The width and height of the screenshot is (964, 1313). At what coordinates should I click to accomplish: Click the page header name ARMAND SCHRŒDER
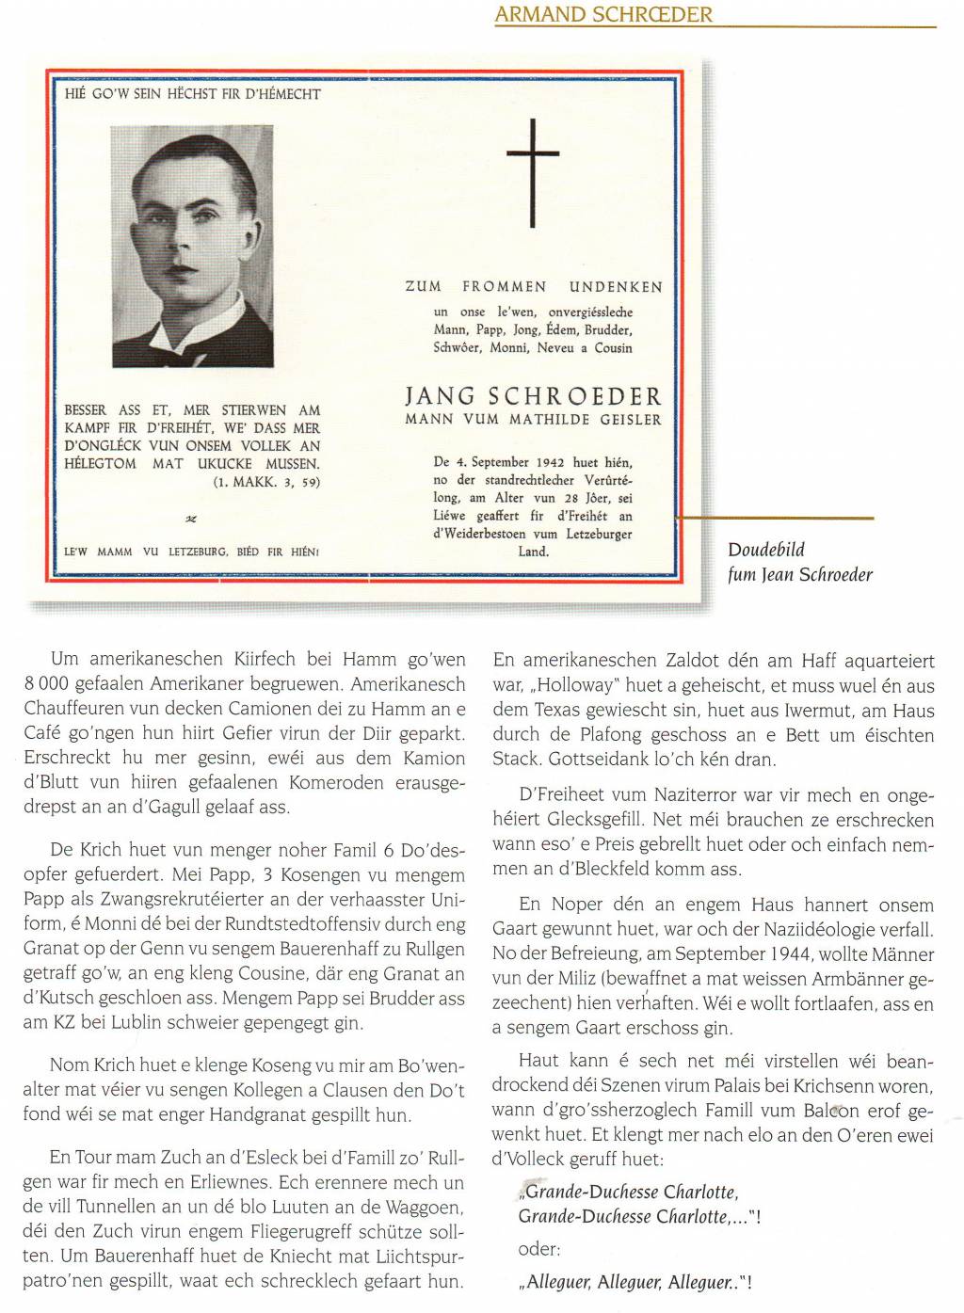(x=603, y=14)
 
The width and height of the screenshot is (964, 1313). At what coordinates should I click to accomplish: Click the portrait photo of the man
(x=193, y=246)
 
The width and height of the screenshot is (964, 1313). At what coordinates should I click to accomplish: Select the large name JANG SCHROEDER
(x=533, y=396)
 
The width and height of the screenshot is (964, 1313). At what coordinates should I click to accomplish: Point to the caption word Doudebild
(x=766, y=550)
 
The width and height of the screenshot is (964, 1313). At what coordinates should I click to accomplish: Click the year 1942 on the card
(x=549, y=462)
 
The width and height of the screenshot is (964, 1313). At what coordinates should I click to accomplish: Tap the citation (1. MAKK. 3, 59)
(x=266, y=482)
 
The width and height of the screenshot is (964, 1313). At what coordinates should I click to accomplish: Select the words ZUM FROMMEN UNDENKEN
(x=533, y=287)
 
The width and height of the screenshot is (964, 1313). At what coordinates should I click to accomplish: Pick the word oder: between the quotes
(x=538, y=1249)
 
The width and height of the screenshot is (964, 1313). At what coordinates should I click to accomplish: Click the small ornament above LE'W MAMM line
(x=191, y=519)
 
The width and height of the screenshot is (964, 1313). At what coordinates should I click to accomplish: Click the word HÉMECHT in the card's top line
(x=290, y=94)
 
